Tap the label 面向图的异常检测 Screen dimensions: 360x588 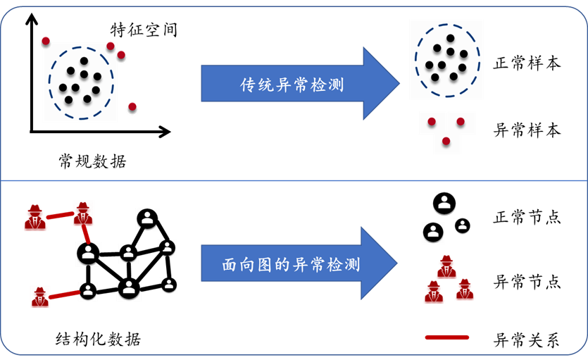click(x=291, y=265)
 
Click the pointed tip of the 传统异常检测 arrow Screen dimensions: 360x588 click(x=399, y=84)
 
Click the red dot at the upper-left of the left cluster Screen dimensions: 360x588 click(x=46, y=42)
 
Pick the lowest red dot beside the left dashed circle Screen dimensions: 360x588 click(x=132, y=108)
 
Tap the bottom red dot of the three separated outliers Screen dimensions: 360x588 click(x=446, y=142)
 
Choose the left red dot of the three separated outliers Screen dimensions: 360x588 click(x=432, y=122)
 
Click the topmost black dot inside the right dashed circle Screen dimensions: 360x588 click(x=450, y=38)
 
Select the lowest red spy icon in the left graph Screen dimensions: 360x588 click(x=40, y=297)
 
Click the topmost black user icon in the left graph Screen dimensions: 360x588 click(x=147, y=219)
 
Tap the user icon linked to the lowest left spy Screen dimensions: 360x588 click(x=87, y=290)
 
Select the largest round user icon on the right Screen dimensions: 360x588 click(x=444, y=204)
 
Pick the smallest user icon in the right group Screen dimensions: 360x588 click(x=462, y=226)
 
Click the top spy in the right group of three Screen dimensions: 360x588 click(x=446, y=267)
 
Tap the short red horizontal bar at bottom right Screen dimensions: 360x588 click(x=447, y=338)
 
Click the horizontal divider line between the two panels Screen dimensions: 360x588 click(x=294, y=180)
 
